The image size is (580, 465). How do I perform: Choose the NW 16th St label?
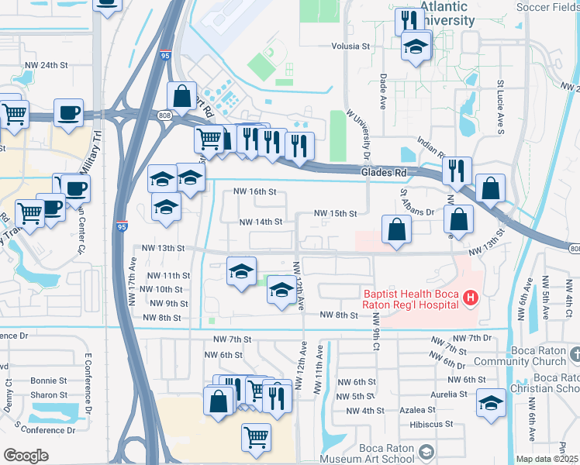click(255, 192)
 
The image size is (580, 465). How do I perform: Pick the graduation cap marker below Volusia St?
click(416, 47)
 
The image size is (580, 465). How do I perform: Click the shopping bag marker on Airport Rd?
click(181, 97)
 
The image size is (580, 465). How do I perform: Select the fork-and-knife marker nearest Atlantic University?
click(406, 20)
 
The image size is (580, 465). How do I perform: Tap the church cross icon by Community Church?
click(574, 354)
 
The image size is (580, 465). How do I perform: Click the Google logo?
click(26, 455)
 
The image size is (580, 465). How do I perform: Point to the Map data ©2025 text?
click(547, 459)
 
